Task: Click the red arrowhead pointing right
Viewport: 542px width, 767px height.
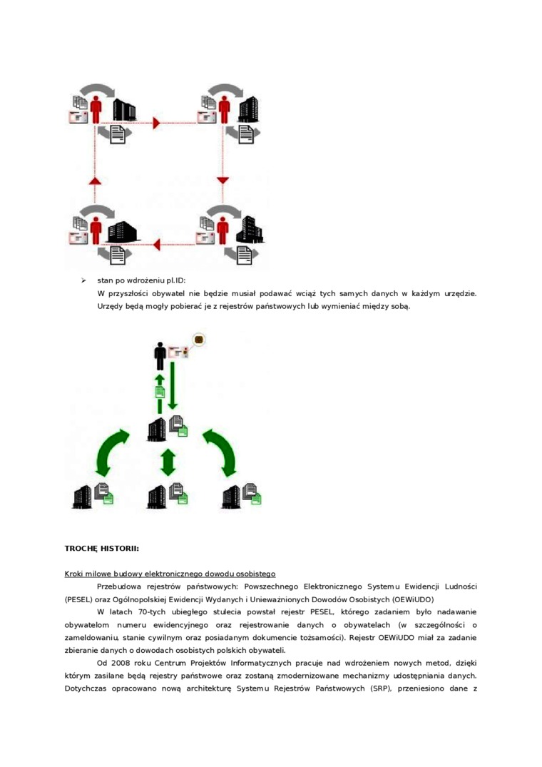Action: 157,123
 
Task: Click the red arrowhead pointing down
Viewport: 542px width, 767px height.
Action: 223,180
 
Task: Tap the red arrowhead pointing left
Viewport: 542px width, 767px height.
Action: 156,245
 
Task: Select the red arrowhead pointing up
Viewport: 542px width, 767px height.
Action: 96,181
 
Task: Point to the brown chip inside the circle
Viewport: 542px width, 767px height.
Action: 199,339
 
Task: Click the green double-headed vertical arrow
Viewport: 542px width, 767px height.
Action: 168,462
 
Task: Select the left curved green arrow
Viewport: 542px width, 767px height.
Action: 111,452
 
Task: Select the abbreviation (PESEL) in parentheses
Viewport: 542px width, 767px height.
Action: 80,599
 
